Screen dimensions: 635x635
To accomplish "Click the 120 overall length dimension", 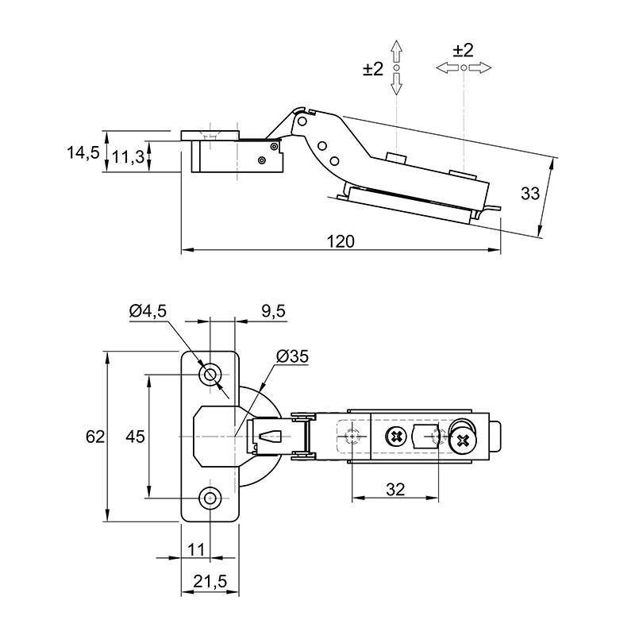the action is pyautogui.click(x=341, y=242).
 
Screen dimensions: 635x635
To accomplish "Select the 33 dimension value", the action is pyautogui.click(x=530, y=194).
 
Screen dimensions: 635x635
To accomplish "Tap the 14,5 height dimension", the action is pyautogui.click(x=83, y=153).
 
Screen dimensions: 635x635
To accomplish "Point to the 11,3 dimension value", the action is pyautogui.click(x=128, y=156).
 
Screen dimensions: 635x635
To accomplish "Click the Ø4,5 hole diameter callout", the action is pyautogui.click(x=148, y=311).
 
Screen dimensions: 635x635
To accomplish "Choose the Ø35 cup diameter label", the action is pyautogui.click(x=292, y=356).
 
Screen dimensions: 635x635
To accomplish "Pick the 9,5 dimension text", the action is pyautogui.click(x=273, y=311).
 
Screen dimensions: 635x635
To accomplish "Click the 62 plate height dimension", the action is pyautogui.click(x=95, y=437).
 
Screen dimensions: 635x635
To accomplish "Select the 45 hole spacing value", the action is pyautogui.click(x=135, y=437).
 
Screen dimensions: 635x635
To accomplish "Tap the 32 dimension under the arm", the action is pyautogui.click(x=395, y=490).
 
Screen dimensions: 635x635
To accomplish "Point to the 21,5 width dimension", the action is pyautogui.click(x=210, y=582).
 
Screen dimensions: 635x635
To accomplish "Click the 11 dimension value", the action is pyautogui.click(x=196, y=549).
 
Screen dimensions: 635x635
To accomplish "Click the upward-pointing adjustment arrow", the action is pyautogui.click(x=396, y=51).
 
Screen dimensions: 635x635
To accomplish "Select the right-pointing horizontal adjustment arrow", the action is pyautogui.click(x=480, y=67).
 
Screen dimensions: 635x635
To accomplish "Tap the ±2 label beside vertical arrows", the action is pyautogui.click(x=373, y=69).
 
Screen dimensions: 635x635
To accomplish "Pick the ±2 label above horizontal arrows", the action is pyautogui.click(x=464, y=51).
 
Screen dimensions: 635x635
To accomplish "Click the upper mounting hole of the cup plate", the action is pyautogui.click(x=210, y=375).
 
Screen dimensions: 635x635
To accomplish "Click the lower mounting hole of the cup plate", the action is pyautogui.click(x=210, y=498).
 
